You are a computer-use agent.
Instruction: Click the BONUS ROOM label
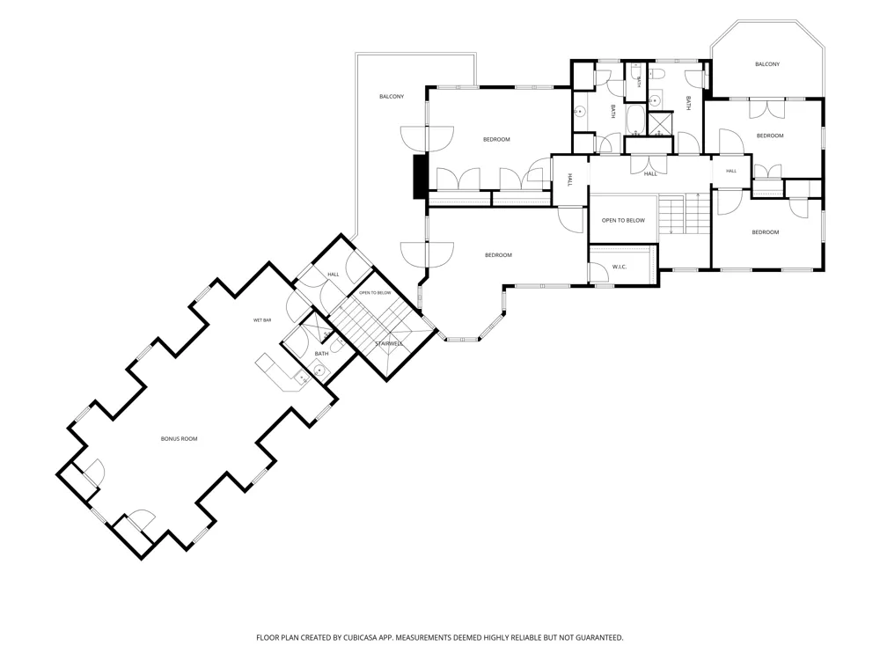179,439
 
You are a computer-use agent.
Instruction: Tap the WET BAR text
262,320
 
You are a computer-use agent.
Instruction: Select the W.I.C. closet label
619,267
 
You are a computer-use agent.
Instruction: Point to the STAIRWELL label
388,343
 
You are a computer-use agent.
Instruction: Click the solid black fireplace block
420,176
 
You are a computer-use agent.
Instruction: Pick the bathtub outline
636,120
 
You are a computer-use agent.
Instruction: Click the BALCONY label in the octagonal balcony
767,64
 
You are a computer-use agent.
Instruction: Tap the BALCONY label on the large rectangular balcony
392,97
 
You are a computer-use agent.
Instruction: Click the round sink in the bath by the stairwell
319,370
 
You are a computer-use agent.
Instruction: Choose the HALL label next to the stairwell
334,275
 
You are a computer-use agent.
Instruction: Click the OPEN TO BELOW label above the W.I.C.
623,221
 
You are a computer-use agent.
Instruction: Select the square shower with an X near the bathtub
660,124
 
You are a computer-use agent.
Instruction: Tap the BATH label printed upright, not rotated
321,354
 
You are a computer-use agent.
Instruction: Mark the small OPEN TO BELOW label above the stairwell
375,293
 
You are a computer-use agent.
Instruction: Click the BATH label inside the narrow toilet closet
638,81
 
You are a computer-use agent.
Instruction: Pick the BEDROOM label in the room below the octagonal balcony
769,136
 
